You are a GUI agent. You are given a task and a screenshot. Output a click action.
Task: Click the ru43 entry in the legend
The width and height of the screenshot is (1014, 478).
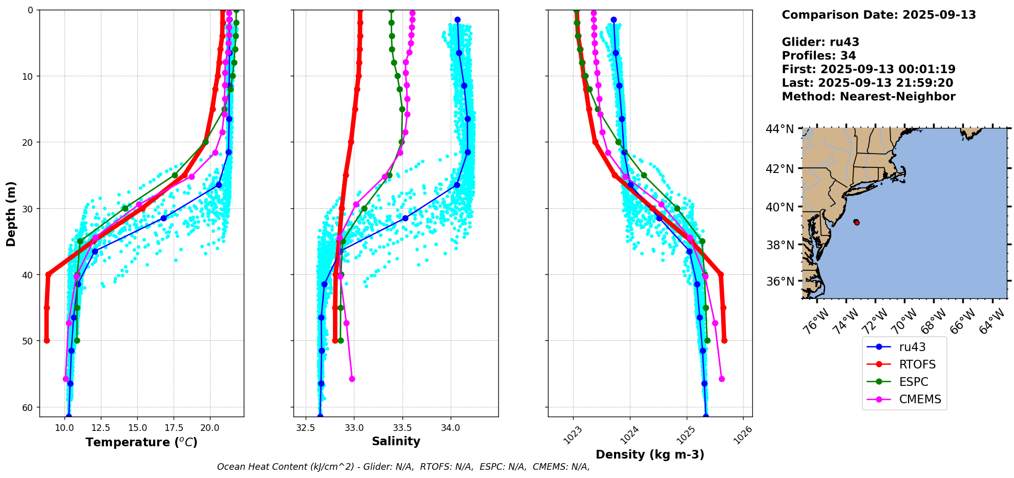912,347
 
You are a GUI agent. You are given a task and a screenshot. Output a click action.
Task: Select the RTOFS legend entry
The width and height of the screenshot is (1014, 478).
917,364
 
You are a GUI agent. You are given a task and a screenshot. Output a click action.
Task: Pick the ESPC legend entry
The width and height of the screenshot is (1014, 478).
914,382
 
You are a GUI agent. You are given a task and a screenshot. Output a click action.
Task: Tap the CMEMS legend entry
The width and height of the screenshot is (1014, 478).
920,399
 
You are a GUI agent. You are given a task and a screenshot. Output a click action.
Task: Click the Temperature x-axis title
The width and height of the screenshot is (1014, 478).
141,442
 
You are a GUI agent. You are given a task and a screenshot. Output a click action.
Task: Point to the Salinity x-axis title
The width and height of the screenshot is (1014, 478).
396,441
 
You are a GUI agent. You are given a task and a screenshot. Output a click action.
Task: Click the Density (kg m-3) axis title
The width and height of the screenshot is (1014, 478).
650,454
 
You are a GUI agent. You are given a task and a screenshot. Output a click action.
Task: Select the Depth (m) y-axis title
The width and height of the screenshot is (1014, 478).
11,213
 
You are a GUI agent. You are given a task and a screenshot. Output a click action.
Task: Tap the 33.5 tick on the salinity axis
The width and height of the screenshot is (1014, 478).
402,428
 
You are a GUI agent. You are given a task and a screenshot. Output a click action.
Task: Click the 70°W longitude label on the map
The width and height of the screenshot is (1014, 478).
904,320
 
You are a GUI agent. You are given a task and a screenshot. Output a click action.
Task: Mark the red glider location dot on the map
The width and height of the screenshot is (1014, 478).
857,222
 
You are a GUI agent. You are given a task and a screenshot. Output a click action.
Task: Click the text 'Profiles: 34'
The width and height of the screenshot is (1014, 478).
818,56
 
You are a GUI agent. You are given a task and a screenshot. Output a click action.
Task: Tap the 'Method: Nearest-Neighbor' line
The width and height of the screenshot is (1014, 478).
868,97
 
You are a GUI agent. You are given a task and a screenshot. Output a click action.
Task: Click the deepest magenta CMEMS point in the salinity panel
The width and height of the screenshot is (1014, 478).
352,379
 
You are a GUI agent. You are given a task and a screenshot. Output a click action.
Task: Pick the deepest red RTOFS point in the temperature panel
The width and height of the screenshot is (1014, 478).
47,340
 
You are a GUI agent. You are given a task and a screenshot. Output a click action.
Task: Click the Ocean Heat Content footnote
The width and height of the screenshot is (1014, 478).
403,467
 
